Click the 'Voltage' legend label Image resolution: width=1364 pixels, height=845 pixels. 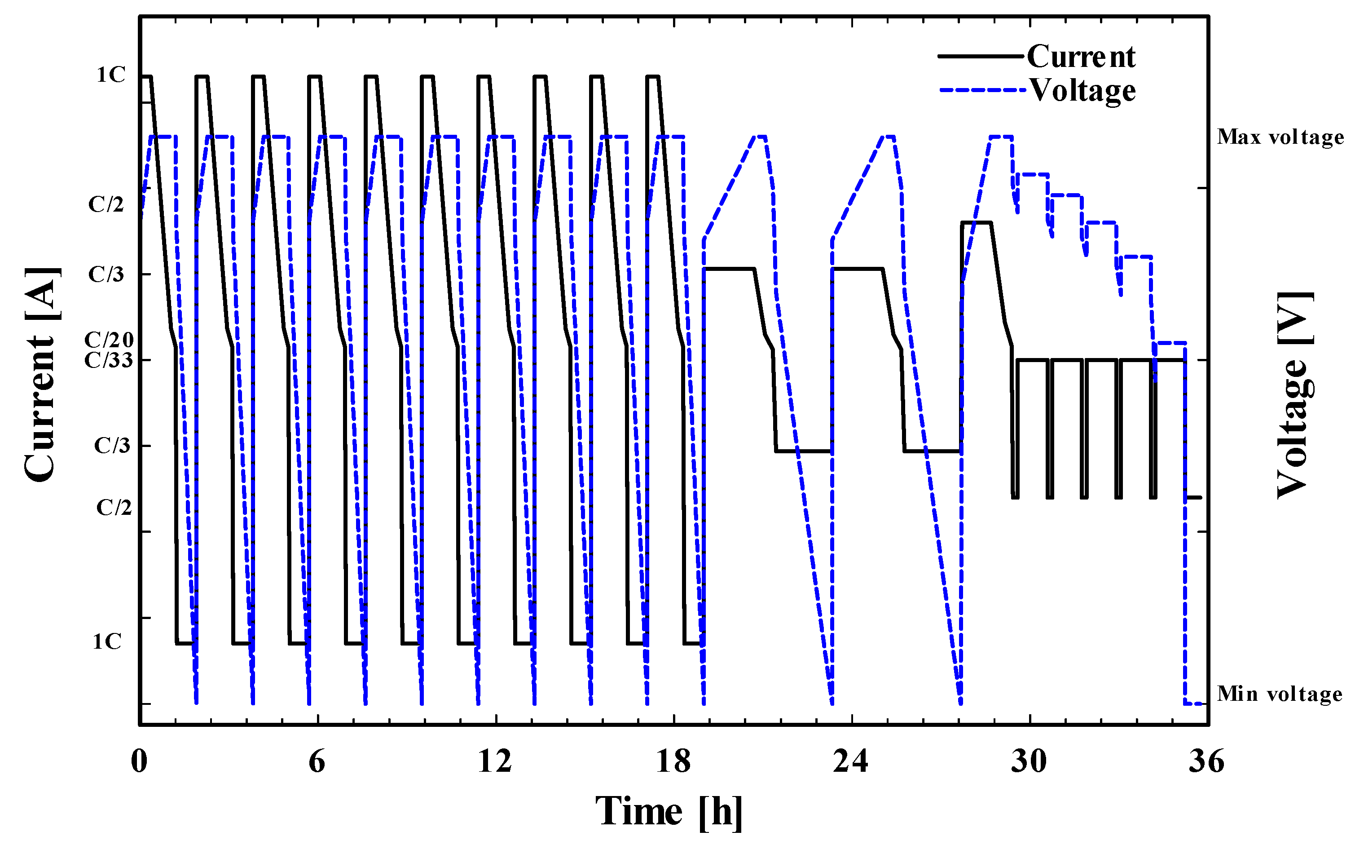[x=1082, y=91]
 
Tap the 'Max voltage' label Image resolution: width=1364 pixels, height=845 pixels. [x=1280, y=137]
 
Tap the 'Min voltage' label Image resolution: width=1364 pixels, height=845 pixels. [x=1280, y=694]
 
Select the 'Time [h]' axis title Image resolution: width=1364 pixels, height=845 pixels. [x=669, y=811]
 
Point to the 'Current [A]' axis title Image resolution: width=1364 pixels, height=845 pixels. [x=41, y=375]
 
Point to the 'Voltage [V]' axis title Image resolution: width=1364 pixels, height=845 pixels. [x=1295, y=394]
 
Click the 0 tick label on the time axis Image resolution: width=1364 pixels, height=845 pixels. [x=139, y=761]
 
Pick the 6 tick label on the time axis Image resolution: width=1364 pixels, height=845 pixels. [x=317, y=761]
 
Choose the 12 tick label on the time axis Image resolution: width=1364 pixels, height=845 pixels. [x=495, y=761]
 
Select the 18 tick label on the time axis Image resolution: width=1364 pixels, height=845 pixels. [x=673, y=761]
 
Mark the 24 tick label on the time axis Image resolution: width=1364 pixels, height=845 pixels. [x=851, y=761]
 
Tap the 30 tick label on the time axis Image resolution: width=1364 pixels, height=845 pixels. [x=1028, y=761]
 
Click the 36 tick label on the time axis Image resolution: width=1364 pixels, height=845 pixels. [x=1206, y=761]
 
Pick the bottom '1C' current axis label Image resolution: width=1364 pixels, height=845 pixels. [x=107, y=641]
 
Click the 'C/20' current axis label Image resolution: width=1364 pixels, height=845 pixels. [x=109, y=340]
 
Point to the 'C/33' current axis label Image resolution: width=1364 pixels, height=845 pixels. [x=109, y=360]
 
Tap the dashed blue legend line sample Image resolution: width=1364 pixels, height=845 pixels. [x=982, y=90]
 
